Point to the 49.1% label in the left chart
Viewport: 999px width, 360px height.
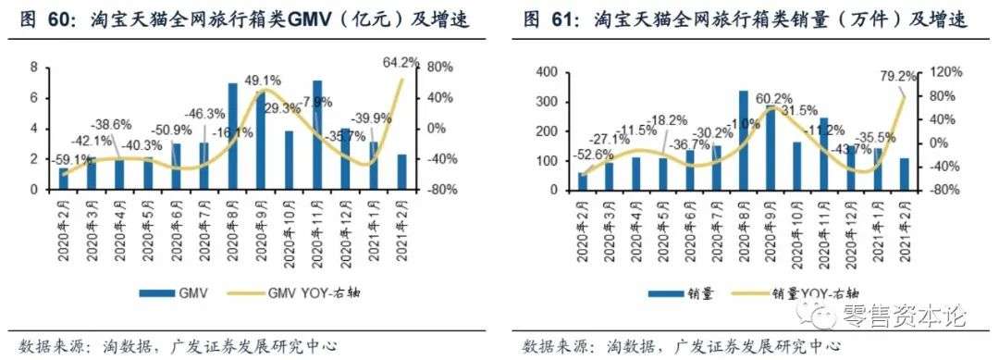pos(263,79)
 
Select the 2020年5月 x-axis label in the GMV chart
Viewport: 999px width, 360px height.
pos(148,226)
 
